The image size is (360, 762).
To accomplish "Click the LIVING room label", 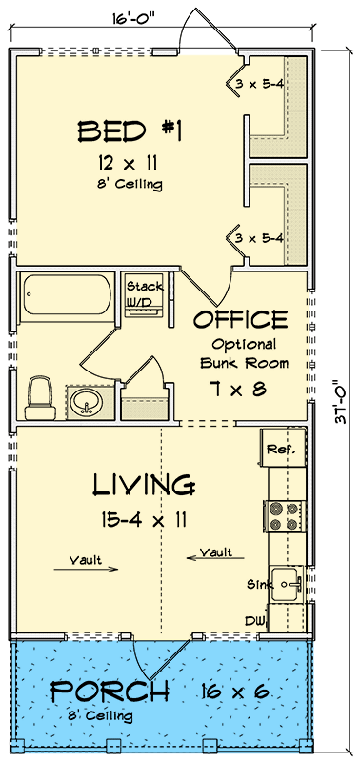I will [x=144, y=485].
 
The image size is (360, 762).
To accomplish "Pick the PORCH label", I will [x=110, y=691].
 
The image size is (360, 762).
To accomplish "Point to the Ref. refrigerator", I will [x=281, y=449].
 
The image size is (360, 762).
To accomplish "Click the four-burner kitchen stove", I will [x=283, y=515].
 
